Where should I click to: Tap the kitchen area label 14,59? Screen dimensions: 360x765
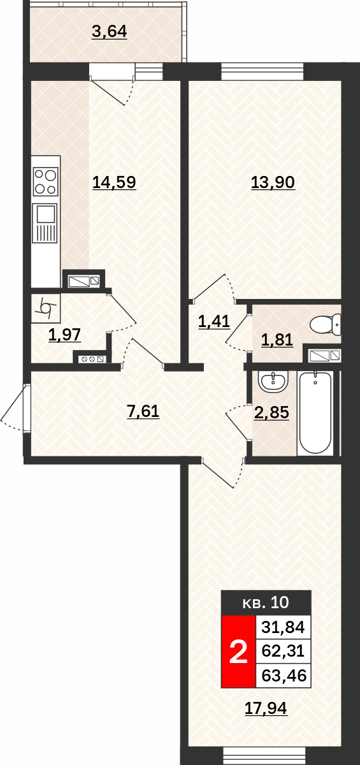[114, 182]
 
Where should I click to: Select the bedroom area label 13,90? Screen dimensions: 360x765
[273, 182]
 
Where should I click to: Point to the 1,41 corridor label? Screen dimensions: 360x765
[214, 321]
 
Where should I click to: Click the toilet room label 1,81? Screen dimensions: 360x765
[277, 340]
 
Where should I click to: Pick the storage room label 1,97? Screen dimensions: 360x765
[65, 335]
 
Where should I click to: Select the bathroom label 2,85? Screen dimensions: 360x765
[272, 412]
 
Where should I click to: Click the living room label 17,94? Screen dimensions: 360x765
[266, 708]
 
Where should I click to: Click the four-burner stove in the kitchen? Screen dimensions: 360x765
[46, 182]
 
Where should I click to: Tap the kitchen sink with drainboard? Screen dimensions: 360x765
[45, 223]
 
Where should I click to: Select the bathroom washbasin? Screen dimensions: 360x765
[273, 381]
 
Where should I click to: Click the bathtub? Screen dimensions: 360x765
[315, 413]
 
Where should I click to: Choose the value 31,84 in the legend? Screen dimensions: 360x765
[284, 627]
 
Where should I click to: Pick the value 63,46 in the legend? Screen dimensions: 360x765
[284, 676]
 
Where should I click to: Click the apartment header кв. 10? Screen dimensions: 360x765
[266, 602]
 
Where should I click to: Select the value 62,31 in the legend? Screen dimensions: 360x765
[283, 651]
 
